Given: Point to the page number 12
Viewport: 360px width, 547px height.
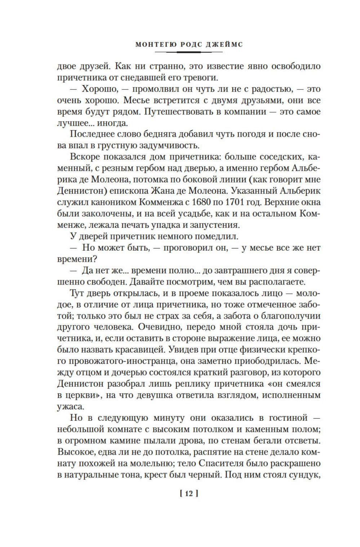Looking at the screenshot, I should pyautogui.click(x=189, y=494).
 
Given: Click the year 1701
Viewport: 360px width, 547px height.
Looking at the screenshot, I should pyautogui.click(x=246, y=202).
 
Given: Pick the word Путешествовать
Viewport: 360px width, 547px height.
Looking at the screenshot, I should pyautogui.click(x=181, y=111).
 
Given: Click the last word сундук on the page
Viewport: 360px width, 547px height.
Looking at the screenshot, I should pyautogui.click(x=305, y=475).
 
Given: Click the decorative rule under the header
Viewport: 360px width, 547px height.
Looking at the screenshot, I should pyautogui.click(x=189, y=53).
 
